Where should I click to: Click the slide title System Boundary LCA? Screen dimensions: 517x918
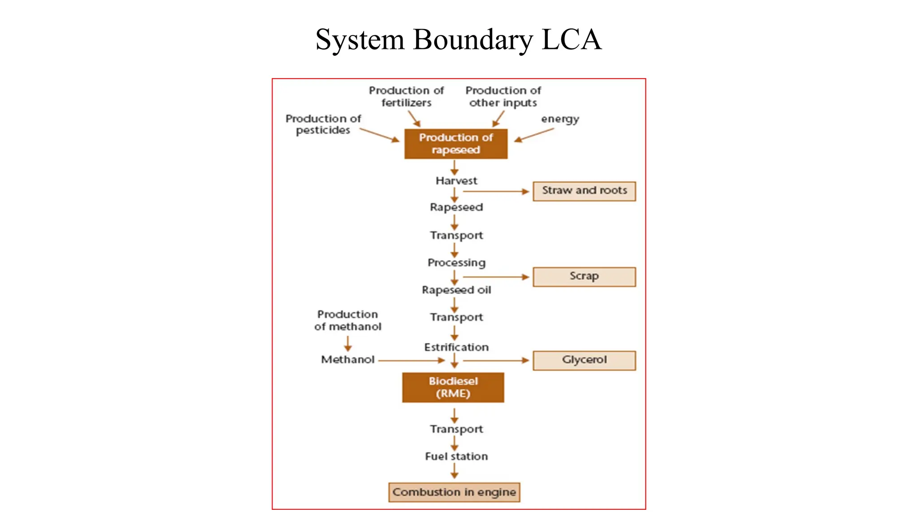(458, 39)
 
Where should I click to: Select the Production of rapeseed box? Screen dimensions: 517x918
(456, 144)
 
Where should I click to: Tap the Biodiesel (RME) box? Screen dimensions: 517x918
(453, 387)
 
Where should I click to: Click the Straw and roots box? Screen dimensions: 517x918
(584, 191)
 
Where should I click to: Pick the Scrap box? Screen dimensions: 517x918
(584, 276)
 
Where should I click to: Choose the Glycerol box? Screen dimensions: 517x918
(584, 360)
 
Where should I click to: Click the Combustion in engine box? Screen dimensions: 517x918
(454, 492)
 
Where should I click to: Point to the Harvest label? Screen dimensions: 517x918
(456, 181)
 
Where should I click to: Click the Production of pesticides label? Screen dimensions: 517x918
(323, 124)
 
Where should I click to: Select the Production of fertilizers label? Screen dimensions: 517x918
(406, 96)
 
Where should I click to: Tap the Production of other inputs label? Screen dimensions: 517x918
(503, 96)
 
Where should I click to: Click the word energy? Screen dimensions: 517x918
(560, 119)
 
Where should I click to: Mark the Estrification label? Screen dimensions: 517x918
(456, 347)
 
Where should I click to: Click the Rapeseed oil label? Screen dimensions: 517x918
(456, 290)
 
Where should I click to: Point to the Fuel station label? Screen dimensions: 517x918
(456, 456)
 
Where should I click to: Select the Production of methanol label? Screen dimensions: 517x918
(347, 320)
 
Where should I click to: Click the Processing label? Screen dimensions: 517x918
(456, 263)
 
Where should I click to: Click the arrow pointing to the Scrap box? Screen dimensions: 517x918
(496, 277)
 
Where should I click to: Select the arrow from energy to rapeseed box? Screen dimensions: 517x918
(534, 135)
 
